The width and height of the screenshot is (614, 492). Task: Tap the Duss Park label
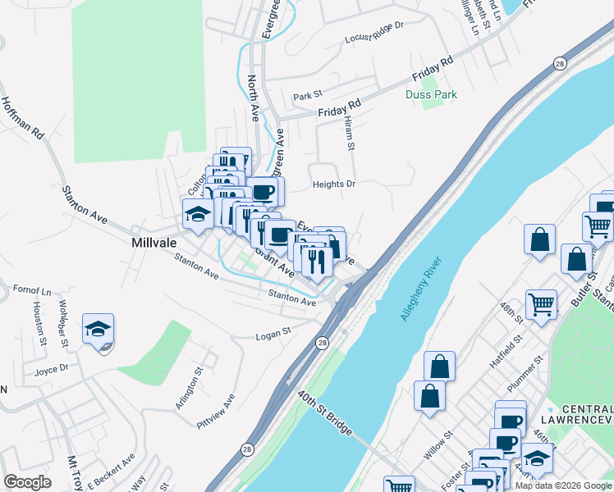tap(431, 95)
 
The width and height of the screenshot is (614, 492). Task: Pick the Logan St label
tap(273, 334)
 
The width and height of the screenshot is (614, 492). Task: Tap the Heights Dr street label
tap(334, 184)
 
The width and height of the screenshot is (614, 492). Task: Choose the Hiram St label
tap(349, 134)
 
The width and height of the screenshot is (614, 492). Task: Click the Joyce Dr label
tap(50, 371)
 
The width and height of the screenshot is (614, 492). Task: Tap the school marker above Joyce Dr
tap(99, 330)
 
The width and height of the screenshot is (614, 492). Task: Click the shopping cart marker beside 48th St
tap(541, 304)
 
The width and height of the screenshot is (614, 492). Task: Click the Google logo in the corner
tap(27, 481)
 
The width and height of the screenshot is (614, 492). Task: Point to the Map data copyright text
tap(563, 485)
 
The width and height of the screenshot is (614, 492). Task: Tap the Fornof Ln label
tap(32, 291)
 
